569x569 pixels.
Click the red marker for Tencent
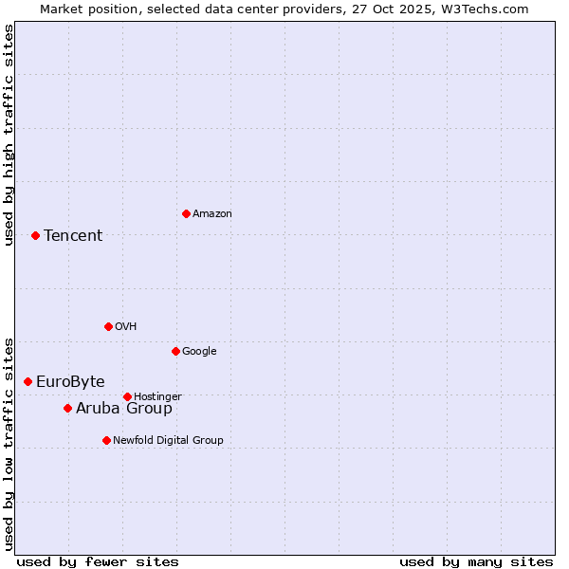(35, 235)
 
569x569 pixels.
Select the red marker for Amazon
(186, 213)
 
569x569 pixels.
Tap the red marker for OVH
(108, 326)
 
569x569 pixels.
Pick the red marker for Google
(175, 351)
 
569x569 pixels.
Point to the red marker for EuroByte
(28, 381)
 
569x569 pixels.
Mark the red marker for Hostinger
(127, 396)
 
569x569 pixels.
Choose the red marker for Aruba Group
(67, 408)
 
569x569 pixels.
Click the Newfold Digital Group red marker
(106, 440)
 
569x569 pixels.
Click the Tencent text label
(73, 235)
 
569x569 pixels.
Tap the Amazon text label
(212, 213)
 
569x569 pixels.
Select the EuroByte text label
(70, 381)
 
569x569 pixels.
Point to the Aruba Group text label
(124, 408)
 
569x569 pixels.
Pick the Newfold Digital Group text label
(168, 440)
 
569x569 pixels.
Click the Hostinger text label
(157, 396)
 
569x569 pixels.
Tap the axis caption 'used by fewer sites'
(98, 561)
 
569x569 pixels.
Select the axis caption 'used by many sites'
(476, 561)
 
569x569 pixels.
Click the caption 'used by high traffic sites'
(9, 135)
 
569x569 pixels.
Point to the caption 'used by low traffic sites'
(9, 443)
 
